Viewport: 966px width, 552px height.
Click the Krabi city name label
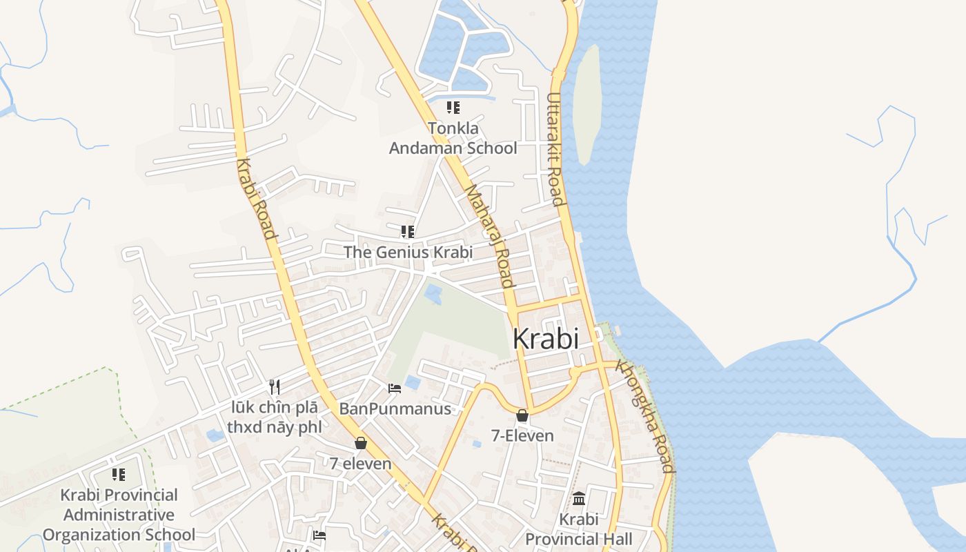(x=545, y=339)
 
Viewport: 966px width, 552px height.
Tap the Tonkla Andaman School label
(x=453, y=138)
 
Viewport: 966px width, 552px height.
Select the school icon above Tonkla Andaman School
(x=453, y=108)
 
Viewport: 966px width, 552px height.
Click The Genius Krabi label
(x=408, y=253)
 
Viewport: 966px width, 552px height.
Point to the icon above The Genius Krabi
(x=408, y=231)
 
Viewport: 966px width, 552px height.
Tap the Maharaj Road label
(x=489, y=235)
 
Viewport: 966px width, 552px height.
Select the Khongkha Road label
(x=644, y=415)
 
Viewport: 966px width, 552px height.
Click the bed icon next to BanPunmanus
(x=395, y=388)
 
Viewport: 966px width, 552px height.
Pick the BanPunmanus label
(x=395, y=409)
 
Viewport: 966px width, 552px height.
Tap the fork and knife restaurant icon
(x=275, y=386)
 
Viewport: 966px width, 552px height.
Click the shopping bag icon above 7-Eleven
(x=522, y=415)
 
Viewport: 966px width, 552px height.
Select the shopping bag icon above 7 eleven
(x=360, y=443)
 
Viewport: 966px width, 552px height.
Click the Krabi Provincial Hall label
(x=579, y=529)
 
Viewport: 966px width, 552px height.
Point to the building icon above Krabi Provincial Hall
(x=579, y=498)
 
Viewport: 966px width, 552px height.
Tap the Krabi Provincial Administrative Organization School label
(x=119, y=515)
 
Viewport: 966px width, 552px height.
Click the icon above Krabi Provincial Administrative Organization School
(x=119, y=475)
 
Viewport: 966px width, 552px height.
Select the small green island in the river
(x=587, y=103)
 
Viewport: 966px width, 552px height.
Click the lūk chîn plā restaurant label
(x=275, y=417)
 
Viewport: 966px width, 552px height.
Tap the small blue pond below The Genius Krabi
(x=433, y=294)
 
